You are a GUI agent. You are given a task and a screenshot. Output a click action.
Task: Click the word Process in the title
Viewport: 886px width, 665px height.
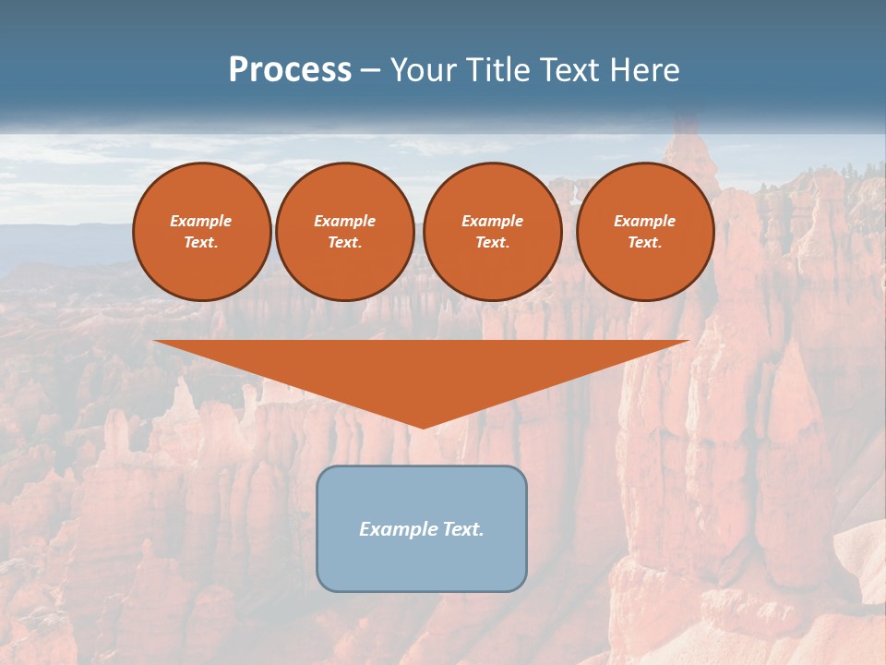click(290, 70)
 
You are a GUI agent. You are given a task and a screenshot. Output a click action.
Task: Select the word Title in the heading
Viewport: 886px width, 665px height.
click(499, 70)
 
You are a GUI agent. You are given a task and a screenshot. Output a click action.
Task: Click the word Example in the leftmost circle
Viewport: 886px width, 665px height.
click(201, 221)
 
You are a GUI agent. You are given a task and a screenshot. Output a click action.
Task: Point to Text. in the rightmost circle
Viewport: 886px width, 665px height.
click(645, 242)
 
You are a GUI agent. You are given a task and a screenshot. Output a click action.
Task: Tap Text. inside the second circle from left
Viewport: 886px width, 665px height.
click(345, 242)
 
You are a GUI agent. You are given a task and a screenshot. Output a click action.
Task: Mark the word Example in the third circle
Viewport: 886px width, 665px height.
click(492, 221)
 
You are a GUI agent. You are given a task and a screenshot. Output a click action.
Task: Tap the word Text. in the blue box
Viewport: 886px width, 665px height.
click(461, 529)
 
